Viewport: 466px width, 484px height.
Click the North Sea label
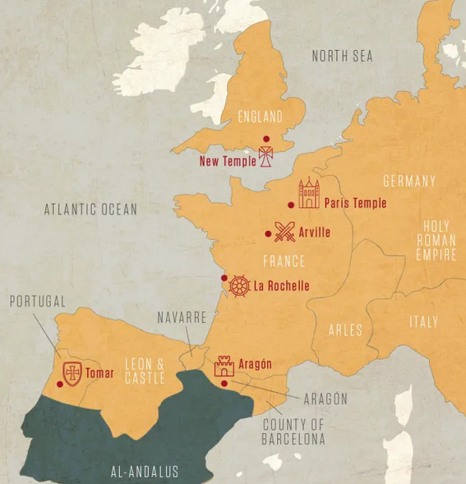pos(342,56)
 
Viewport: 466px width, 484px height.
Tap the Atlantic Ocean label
pos(90,210)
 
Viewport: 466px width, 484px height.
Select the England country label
pos(260,117)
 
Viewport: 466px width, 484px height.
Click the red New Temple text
pos(228,161)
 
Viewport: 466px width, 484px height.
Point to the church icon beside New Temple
pos(266,157)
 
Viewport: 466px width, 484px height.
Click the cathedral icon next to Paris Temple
pos(309,195)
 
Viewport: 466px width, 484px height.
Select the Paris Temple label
pos(355,203)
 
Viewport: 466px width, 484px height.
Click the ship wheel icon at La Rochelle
pos(239,286)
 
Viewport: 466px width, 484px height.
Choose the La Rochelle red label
pos(282,286)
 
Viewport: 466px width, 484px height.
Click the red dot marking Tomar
pos(59,383)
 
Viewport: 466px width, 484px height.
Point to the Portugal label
pos(38,302)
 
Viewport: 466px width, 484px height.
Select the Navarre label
pos(182,317)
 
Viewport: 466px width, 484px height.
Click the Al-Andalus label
pos(145,471)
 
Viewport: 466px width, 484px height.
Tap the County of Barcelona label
pos(293,431)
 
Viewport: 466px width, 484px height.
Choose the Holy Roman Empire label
pos(436,241)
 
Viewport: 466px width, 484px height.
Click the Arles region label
pos(345,330)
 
